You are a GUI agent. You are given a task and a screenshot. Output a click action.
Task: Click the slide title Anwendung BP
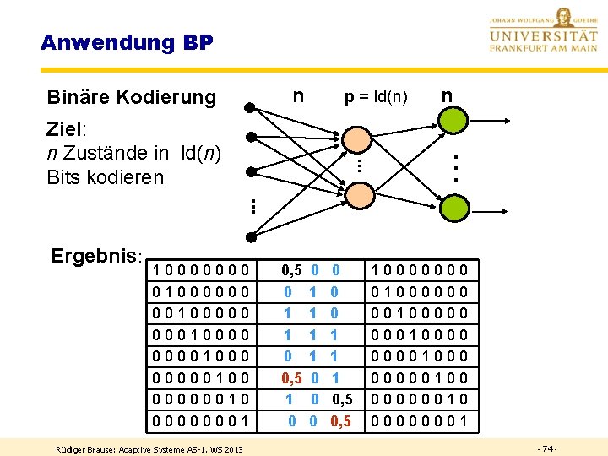tap(127, 42)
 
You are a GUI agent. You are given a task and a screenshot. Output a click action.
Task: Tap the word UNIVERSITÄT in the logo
tap(543, 37)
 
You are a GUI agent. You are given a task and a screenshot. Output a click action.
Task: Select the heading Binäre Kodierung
tap(132, 97)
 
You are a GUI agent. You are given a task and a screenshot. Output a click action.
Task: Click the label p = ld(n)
tap(376, 97)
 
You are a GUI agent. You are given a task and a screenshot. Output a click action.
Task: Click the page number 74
tap(546, 448)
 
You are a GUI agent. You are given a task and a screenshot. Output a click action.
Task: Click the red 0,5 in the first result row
tap(292, 271)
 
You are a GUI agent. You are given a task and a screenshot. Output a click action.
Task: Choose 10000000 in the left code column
tap(201, 271)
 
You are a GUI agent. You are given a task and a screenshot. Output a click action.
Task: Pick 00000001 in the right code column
tap(420, 420)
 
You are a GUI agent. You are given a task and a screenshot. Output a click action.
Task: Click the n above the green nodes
tap(447, 95)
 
